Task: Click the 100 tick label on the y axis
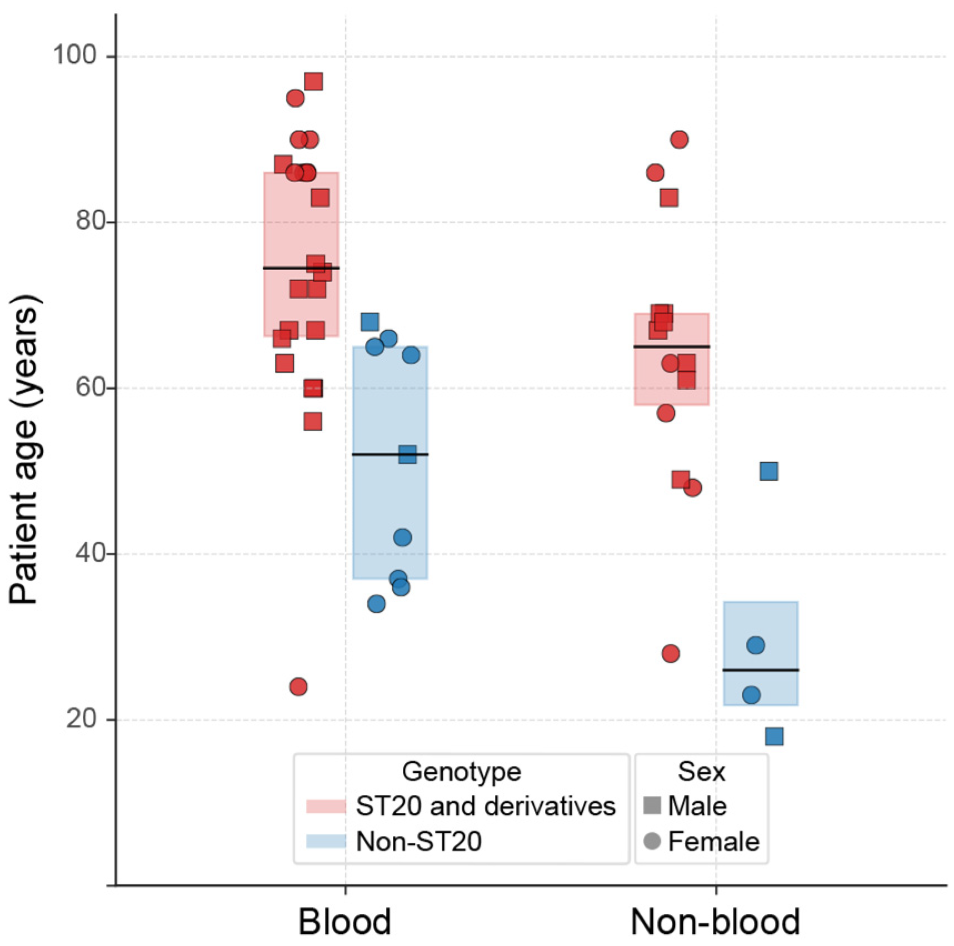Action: point(74,56)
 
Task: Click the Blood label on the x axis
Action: point(344,922)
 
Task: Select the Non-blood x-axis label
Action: point(715,922)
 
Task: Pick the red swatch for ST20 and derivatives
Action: point(326,806)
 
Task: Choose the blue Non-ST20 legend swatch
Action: point(326,841)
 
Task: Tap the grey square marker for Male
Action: point(652,806)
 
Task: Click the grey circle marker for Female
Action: point(652,841)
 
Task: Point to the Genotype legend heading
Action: point(461,771)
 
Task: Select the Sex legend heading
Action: point(701,771)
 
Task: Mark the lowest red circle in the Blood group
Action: point(298,687)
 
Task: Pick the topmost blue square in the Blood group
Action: point(369,321)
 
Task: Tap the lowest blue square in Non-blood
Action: point(774,736)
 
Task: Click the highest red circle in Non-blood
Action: point(679,139)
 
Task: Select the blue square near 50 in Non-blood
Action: point(768,471)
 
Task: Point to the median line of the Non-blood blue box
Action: point(760,670)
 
